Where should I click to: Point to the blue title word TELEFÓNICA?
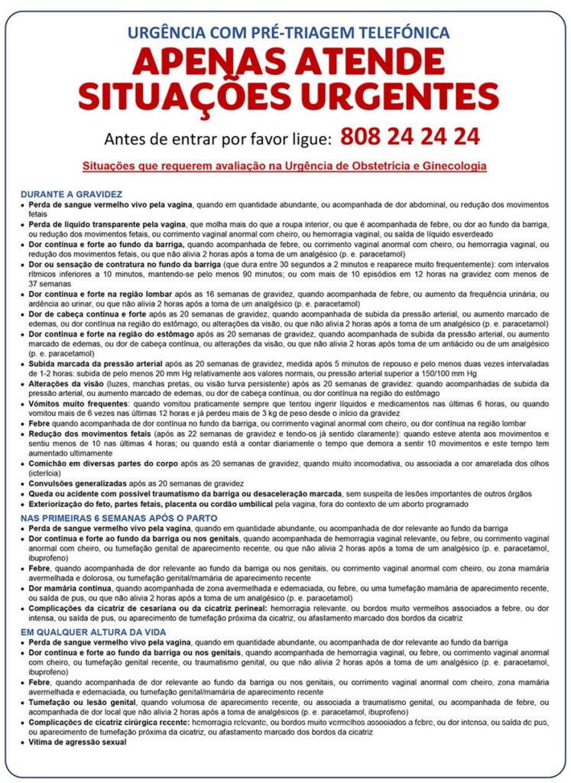point(397,32)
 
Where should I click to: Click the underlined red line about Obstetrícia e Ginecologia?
point(284,165)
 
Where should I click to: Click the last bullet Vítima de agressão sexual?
point(77,742)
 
